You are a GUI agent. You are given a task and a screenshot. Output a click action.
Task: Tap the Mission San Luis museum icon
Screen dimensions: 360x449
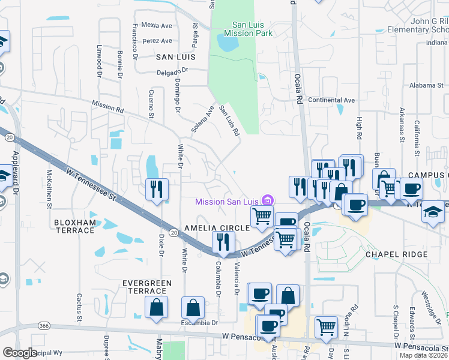[x=268, y=200]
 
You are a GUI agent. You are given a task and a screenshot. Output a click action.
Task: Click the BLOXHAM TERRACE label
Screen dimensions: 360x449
[x=75, y=226]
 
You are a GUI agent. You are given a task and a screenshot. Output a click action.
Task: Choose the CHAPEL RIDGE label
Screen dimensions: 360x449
[x=396, y=254]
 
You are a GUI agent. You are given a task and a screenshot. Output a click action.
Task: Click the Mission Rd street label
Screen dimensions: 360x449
[x=108, y=107]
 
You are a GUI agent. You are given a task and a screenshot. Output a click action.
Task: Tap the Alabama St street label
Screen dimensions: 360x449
[x=424, y=85]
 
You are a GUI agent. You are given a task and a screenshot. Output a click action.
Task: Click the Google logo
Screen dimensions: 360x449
[x=20, y=353]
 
